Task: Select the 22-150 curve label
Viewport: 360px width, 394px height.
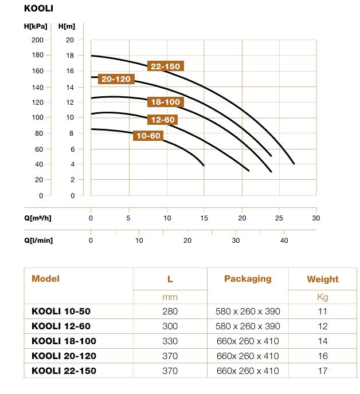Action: (165, 66)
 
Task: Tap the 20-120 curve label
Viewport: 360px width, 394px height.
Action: (116, 79)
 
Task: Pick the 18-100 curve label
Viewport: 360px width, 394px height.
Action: (165, 102)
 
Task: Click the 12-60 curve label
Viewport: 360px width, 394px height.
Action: (162, 120)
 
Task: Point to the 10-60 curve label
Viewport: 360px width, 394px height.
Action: (148, 136)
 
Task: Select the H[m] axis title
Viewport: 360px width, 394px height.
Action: (67, 26)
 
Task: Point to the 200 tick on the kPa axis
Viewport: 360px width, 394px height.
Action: (37, 40)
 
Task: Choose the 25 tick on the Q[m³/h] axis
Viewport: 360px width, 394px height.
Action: (279, 218)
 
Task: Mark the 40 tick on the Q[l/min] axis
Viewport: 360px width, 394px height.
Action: (284, 240)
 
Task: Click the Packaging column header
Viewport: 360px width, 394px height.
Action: (248, 279)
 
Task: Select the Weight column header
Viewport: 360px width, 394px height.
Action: (322, 279)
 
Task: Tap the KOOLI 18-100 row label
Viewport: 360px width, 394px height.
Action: (64, 341)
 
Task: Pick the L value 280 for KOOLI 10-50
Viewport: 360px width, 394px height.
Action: (170, 312)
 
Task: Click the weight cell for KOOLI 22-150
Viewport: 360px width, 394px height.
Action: (322, 371)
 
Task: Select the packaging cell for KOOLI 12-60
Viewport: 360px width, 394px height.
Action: (248, 326)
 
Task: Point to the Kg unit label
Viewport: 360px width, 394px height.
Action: (322, 297)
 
